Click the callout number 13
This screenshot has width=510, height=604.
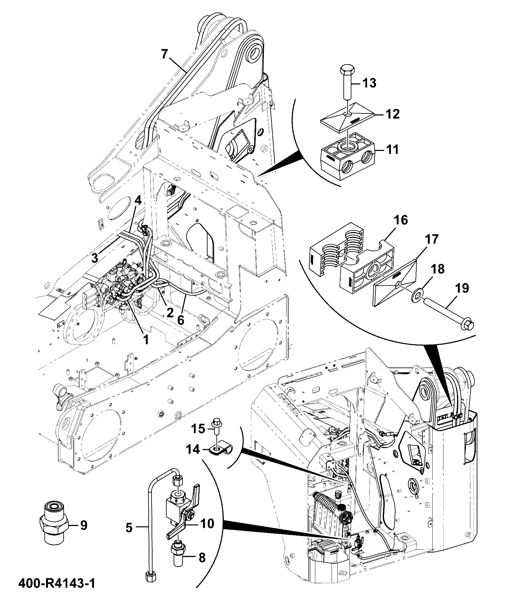[369, 83]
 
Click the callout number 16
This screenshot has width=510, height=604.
[401, 220]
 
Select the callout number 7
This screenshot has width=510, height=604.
[164, 55]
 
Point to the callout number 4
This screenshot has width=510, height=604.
[137, 200]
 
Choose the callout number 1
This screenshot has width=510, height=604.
[145, 340]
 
